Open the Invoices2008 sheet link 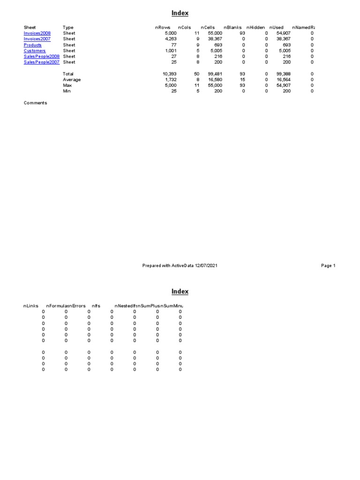[x=37, y=33]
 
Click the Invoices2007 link [x=37, y=39]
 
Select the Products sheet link [x=32, y=45]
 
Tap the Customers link [x=35, y=51]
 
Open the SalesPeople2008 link [x=41, y=56]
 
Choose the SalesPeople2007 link [x=41, y=62]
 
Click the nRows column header [x=163, y=28]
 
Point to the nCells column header [x=208, y=28]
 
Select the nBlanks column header [x=233, y=28]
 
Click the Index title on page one [x=180, y=14]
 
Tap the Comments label [x=35, y=103]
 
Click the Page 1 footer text [x=328, y=266]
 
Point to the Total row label [x=68, y=74]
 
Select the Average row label [x=72, y=80]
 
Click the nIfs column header [x=96, y=306]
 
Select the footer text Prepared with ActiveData [x=180, y=266]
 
